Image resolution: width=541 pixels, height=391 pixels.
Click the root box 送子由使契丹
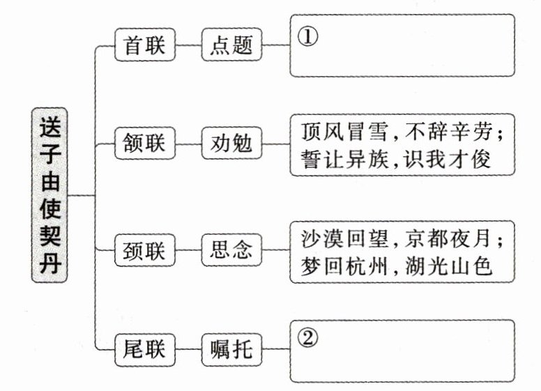click(x=49, y=195)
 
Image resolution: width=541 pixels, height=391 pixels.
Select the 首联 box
click(x=144, y=46)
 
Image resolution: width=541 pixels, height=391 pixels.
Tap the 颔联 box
click(x=144, y=144)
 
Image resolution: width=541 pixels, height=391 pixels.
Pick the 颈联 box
click(x=144, y=250)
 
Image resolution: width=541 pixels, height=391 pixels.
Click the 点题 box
click(x=231, y=46)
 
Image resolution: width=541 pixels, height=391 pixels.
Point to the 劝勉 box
click(x=231, y=144)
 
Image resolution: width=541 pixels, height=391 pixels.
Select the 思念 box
click(x=231, y=250)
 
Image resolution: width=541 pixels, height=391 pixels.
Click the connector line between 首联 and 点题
click(x=188, y=47)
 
